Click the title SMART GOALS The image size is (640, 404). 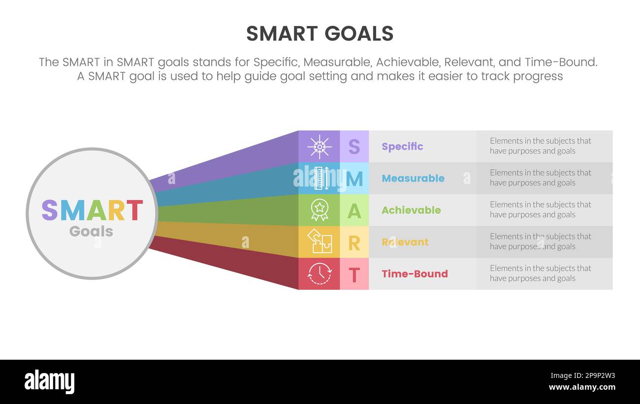320,33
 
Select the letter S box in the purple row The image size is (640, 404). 354,147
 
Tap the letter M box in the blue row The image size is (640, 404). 354,179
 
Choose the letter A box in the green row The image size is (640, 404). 354,210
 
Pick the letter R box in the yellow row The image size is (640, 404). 354,242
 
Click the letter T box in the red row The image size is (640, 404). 354,274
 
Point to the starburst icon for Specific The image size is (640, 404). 319,147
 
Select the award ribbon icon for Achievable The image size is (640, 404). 319,210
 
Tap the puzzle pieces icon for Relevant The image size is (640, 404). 319,242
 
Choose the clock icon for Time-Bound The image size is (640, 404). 319,274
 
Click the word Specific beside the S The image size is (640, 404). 402,147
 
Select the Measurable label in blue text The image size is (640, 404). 413,179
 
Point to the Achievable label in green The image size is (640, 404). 411,210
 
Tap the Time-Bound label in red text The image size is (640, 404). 415,274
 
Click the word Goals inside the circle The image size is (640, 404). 91,231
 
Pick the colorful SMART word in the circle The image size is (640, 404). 92,210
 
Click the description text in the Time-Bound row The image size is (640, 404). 540,273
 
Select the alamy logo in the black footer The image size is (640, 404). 49,382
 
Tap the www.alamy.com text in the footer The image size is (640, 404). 581,387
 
